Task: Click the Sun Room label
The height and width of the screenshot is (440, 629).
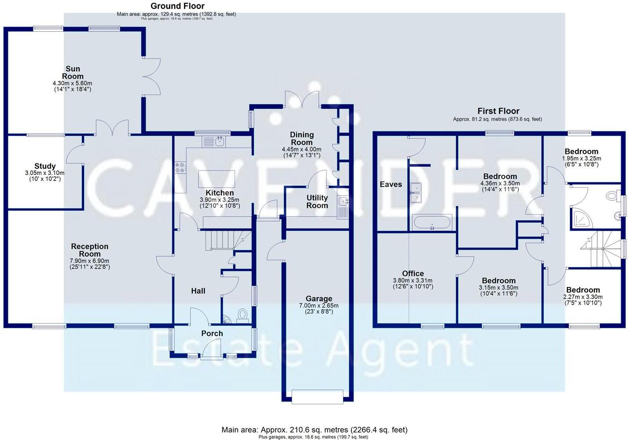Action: click(x=73, y=72)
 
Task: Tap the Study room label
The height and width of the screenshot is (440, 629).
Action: click(x=45, y=166)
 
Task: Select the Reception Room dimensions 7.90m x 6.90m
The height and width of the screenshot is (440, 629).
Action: click(x=90, y=261)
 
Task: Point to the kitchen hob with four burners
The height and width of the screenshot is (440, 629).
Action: click(x=180, y=167)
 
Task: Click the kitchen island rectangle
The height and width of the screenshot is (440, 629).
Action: click(x=216, y=179)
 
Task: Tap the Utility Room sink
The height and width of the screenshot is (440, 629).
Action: click(x=343, y=202)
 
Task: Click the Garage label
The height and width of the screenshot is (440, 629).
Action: click(x=319, y=298)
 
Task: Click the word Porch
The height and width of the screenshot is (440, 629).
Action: click(x=212, y=334)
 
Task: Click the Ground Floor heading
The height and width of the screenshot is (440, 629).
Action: click(x=177, y=6)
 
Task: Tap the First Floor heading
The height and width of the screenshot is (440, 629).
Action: click(x=498, y=111)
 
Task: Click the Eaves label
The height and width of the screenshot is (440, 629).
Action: click(x=391, y=184)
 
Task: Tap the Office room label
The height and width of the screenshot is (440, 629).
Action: click(x=413, y=273)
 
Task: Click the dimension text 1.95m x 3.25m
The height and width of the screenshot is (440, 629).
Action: click(x=581, y=159)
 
